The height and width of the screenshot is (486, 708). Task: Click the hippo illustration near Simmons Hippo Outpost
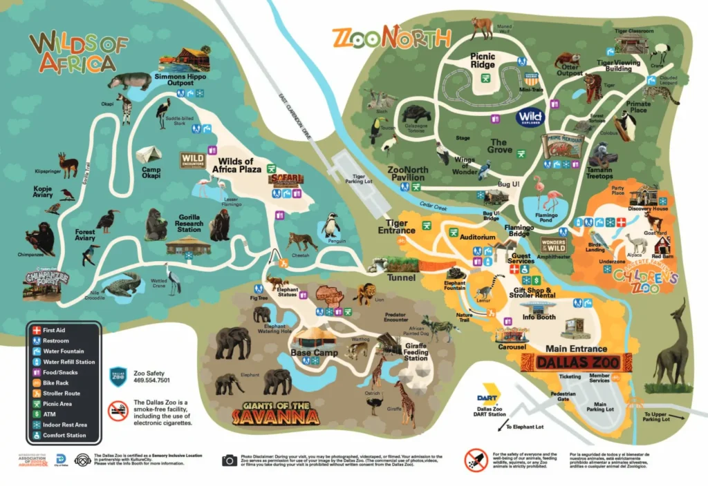pos(129,81)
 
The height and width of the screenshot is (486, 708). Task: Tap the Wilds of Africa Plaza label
pos(236,166)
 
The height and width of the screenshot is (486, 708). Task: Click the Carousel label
pos(512,347)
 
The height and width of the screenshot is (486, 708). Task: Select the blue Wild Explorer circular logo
pos(530,117)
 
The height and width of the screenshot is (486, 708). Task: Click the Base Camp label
pos(309,352)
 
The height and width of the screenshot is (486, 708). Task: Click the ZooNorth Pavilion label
pos(407,173)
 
